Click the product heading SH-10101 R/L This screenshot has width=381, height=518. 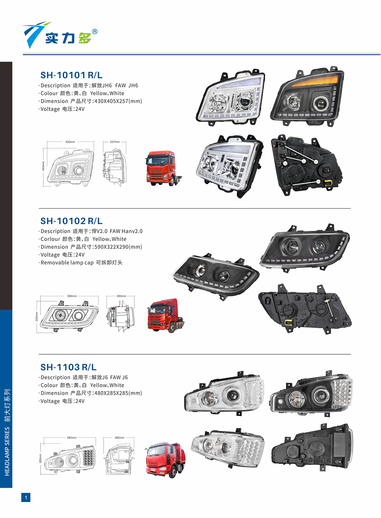tap(71, 75)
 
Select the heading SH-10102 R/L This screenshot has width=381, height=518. tap(71, 221)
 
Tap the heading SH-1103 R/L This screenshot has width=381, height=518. tap(68, 367)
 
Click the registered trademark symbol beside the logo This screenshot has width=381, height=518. tap(95, 32)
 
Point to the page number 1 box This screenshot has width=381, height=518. tap(26, 498)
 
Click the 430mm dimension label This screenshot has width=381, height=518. tap(70, 142)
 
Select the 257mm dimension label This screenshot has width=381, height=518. tap(115, 142)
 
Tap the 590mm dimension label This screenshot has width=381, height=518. tap(72, 296)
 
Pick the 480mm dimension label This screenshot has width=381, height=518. tap(72, 438)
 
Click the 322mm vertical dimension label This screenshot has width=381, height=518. tap(36, 316)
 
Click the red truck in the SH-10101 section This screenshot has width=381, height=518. tap(163, 168)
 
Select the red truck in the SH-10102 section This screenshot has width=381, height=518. tap(166, 315)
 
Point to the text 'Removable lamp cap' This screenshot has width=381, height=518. tap(67, 263)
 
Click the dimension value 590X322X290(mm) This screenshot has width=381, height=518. tap(118, 247)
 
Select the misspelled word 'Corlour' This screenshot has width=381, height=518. tap(50, 239)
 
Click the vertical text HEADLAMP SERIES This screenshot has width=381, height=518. tap(7, 451)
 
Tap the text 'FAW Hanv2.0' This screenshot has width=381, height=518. tap(126, 231)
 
